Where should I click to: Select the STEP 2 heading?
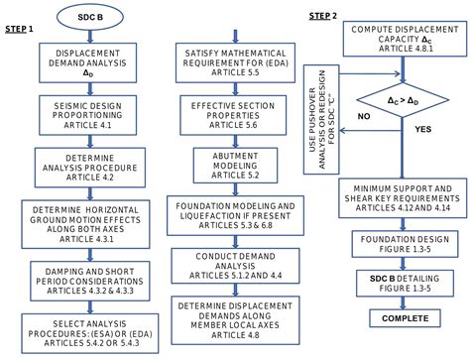(x=322, y=17)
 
